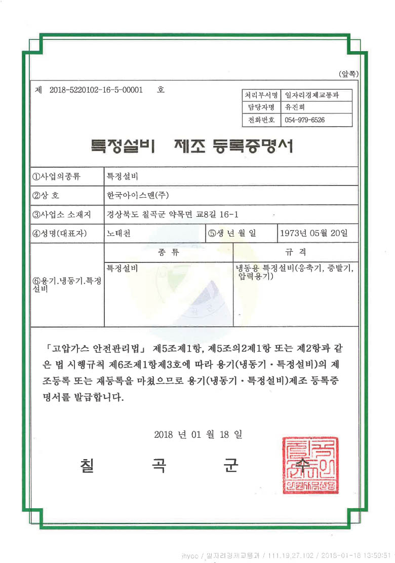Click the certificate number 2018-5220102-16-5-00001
coord(96,90)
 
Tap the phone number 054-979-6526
coord(305,120)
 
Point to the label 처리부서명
coord(261,95)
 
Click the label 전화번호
coord(261,120)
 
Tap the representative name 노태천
coord(117,233)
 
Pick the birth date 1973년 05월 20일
coord(314,233)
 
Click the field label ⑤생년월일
coord(232,233)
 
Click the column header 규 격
coord(296,252)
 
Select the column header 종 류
coord(168,252)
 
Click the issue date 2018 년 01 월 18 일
coord(197,435)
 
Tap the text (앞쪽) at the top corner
coord(349,74)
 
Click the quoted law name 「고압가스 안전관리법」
coord(95,349)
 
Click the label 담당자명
coord(261,107)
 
